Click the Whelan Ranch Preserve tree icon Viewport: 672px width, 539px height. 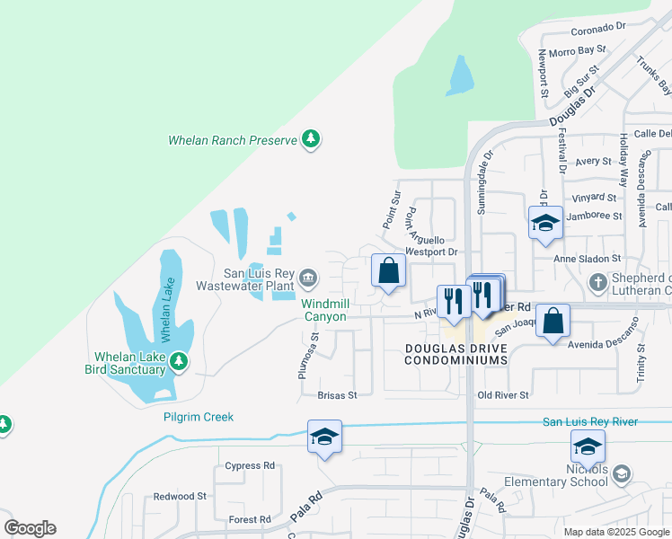tap(311, 139)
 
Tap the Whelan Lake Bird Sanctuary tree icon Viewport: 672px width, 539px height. tap(179, 360)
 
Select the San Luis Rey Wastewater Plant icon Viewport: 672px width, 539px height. tap(308, 277)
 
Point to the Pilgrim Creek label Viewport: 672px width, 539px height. tap(199, 417)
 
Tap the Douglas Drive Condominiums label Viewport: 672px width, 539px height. tap(455, 353)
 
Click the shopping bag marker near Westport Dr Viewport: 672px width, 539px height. tap(388, 270)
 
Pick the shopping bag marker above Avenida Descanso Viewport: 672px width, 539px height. tap(554, 320)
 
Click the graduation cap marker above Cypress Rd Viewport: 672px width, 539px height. tap(324, 437)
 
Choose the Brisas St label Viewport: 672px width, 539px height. tap(338, 394)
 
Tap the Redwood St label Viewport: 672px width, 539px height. tap(180, 496)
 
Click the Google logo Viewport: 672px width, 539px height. tap(30, 528)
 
